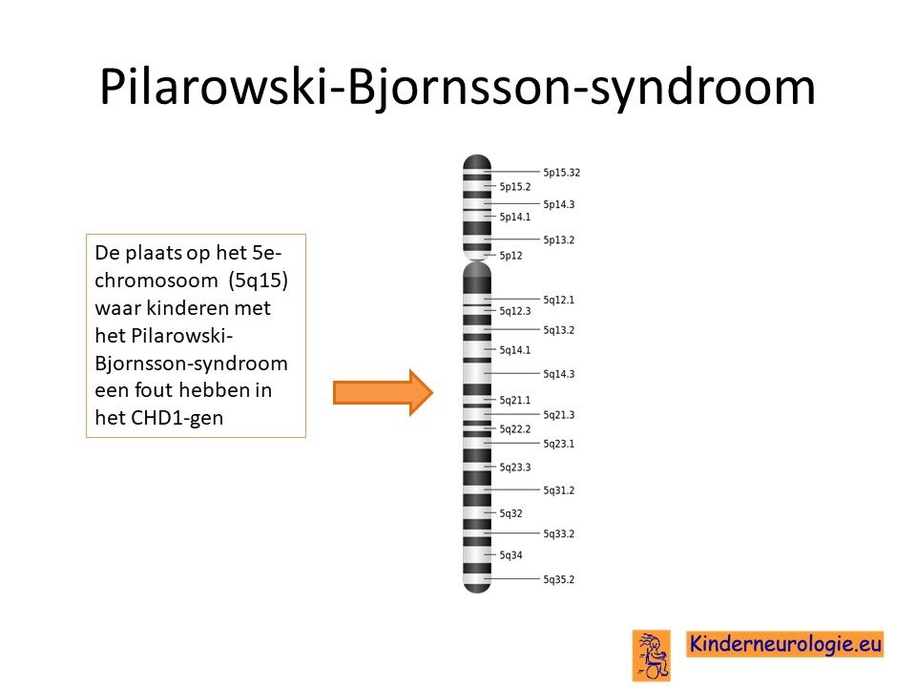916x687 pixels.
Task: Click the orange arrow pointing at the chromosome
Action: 383,392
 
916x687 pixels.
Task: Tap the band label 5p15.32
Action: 561,173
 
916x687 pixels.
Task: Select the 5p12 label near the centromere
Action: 510,256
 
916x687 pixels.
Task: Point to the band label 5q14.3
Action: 558,374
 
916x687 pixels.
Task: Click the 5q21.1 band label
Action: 514,400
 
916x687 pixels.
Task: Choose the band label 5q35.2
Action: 558,579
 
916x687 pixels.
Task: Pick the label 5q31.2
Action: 558,490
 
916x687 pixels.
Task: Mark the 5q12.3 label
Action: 514,311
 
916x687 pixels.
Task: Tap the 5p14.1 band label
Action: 514,217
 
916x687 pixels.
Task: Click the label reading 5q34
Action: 510,555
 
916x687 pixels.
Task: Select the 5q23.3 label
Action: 514,467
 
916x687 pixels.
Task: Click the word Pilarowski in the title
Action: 213,87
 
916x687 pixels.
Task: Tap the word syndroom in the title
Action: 703,89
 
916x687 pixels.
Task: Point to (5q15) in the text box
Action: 259,281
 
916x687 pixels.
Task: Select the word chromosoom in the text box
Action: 156,281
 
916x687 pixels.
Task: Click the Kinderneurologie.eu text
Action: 785,644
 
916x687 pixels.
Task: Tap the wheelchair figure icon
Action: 652,656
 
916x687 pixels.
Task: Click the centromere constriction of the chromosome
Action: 477,260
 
